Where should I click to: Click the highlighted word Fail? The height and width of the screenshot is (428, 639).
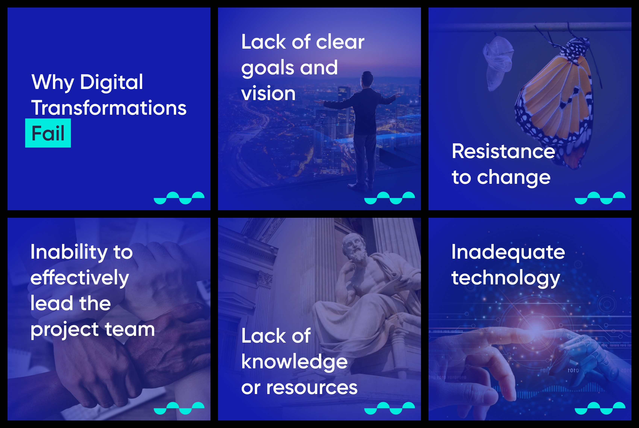[x=48, y=133]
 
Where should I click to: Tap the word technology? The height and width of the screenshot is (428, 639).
[x=506, y=278]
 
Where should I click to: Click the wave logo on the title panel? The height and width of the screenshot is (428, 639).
[x=179, y=198]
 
